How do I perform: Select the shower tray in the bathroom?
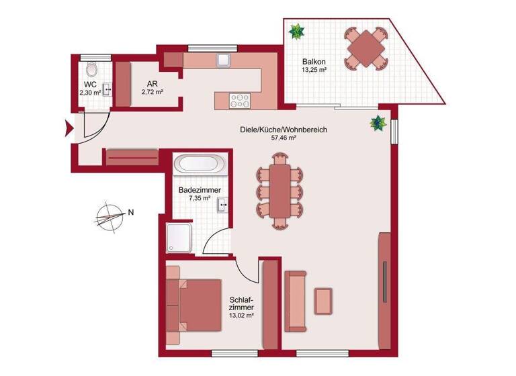click(180, 239)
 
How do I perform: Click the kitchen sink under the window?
click(224, 60)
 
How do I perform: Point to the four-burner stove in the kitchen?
click(239, 100)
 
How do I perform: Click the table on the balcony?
click(365, 48)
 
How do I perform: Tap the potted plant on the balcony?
click(296, 30)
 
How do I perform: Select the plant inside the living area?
click(379, 123)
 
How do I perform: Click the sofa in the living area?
click(295, 301)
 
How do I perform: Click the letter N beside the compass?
click(131, 213)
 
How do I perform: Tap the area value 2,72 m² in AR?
click(153, 93)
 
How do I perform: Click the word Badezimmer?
click(200, 190)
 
